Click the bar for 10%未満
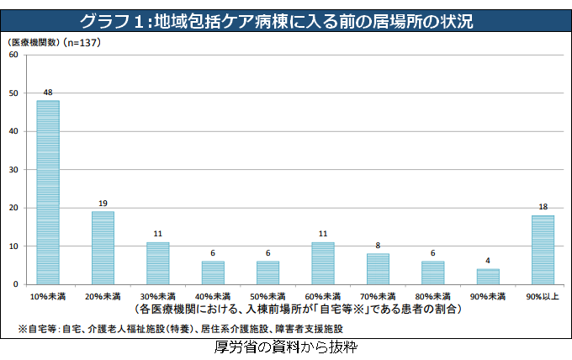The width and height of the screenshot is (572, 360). coord(48,193)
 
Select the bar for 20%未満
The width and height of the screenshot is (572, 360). coord(103,248)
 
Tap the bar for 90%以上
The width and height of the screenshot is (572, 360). coord(543,250)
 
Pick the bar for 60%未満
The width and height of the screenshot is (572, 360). coord(322,263)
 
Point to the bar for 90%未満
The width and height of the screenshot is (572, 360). coord(488,277)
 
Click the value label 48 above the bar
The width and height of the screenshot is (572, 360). coord(48,92)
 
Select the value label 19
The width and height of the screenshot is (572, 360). coord(103,204)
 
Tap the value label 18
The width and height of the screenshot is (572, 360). coord(543,207)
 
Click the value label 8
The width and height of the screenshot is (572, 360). coord(378,246)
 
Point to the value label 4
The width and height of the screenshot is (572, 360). coord(488,261)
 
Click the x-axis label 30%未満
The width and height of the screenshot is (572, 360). coord(157,297)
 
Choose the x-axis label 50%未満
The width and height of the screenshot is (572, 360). coord(267,297)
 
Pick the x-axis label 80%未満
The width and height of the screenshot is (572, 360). coord(432,297)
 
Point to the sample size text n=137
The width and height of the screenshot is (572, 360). coord(82,41)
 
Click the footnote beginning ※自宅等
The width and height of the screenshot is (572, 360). coord(168,328)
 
